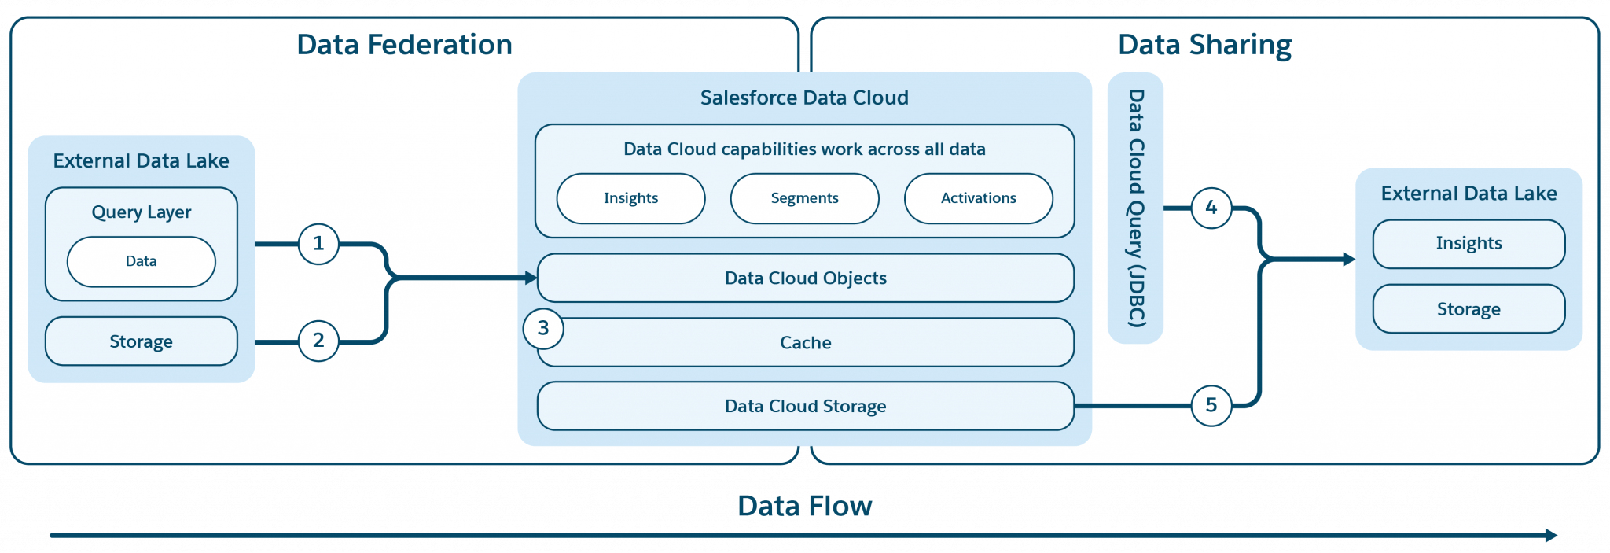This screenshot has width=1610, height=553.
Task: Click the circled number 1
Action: (x=318, y=244)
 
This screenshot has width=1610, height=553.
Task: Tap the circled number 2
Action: (x=318, y=341)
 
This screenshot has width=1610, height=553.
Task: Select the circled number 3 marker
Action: (x=543, y=329)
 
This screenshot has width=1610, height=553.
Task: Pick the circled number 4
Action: (x=1211, y=208)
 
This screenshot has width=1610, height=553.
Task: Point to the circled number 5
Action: (x=1211, y=405)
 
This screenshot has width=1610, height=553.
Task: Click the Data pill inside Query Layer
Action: (x=142, y=261)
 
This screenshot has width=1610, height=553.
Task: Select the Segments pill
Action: (x=804, y=198)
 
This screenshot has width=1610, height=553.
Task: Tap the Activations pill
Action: (x=978, y=198)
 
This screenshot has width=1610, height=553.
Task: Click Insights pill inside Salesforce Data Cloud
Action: (x=630, y=198)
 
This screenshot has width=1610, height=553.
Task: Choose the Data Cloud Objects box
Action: (x=805, y=278)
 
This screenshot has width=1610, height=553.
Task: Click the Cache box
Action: (x=805, y=343)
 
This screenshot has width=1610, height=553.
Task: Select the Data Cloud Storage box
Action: (x=805, y=406)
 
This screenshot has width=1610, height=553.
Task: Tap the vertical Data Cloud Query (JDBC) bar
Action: (x=1135, y=208)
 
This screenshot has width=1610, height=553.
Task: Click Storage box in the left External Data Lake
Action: (x=142, y=341)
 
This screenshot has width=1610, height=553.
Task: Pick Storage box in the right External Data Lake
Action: (x=1468, y=309)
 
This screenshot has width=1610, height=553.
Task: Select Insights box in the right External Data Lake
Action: (x=1468, y=244)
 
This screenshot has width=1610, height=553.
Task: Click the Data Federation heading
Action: (x=404, y=45)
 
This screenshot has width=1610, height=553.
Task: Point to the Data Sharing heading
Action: (x=1204, y=45)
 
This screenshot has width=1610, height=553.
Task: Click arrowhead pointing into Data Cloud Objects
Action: (x=531, y=278)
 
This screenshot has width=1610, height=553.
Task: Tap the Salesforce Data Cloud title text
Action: (x=804, y=98)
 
